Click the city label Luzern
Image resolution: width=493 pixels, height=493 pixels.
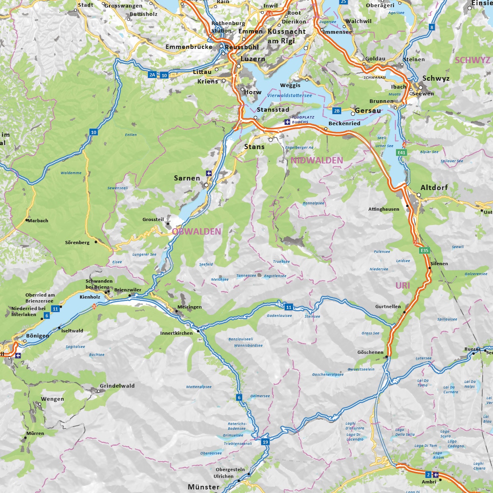253,59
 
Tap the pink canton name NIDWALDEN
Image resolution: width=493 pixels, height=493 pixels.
316,160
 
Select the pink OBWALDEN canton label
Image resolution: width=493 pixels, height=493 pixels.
197,231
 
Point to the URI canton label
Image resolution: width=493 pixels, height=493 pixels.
402,285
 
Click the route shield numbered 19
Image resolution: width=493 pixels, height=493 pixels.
265,442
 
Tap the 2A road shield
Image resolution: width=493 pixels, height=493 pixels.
152,75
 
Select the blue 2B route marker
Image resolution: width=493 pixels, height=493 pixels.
337,111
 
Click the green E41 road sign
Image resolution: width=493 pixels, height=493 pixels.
402,153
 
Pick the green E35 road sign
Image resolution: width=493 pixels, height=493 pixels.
425,250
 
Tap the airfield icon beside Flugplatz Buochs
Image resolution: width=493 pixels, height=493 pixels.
287,122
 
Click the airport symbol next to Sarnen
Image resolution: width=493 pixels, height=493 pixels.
209,173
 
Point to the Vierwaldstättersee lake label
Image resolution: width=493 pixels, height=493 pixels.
289,95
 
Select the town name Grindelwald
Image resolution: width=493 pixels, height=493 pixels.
117,386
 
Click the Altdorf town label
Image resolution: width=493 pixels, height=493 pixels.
434,187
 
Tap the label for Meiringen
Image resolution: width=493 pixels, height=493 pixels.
190,307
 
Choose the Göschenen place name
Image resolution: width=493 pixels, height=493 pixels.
370,352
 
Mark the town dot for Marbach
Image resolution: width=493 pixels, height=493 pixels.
27,220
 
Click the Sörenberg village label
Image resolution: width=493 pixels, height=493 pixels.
77,243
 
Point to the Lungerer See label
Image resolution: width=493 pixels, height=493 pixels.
144,254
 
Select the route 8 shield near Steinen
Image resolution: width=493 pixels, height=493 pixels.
432,27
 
